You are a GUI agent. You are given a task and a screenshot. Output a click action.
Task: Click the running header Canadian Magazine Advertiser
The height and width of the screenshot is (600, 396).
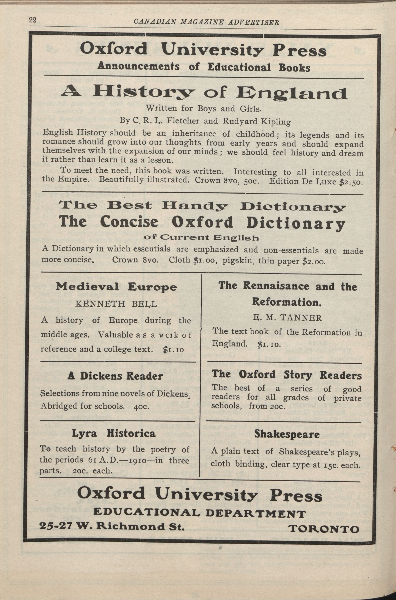206,22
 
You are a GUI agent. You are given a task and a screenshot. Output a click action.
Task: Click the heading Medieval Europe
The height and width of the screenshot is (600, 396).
116,287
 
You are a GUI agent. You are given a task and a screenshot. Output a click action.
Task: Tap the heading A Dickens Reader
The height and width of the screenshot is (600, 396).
115,376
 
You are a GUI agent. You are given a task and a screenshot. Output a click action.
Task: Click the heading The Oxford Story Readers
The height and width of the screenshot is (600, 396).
286,375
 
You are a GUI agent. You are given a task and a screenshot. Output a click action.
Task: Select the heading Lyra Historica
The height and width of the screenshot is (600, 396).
114,433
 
